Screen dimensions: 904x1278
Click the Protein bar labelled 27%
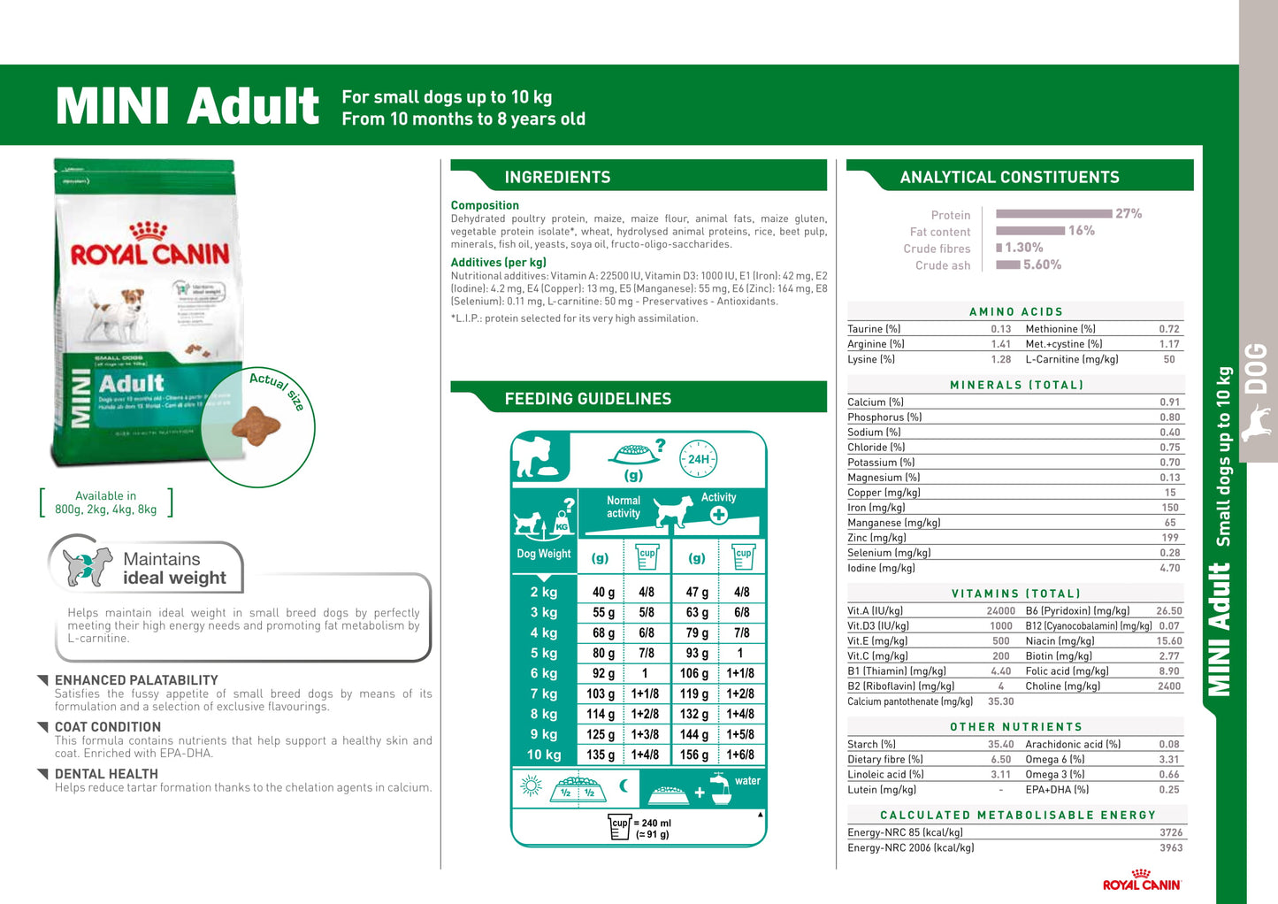click(1053, 214)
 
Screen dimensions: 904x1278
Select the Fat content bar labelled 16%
click(1030, 231)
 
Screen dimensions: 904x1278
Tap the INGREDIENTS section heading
click(557, 177)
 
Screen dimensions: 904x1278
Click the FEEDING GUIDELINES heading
click(588, 399)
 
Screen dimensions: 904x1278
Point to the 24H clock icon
click(698, 459)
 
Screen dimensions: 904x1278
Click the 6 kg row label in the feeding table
click(544, 673)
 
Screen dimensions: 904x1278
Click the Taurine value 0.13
click(1000, 329)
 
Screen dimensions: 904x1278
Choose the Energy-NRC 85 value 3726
click(1171, 832)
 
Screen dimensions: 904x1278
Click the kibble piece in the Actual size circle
click(256, 425)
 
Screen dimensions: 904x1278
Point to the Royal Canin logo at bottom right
click(1142, 881)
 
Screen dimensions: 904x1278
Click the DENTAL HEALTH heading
click(106, 774)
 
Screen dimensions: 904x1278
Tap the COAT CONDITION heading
click(108, 727)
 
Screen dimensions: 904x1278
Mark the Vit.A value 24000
click(1000, 611)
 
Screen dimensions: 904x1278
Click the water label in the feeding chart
click(747, 781)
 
